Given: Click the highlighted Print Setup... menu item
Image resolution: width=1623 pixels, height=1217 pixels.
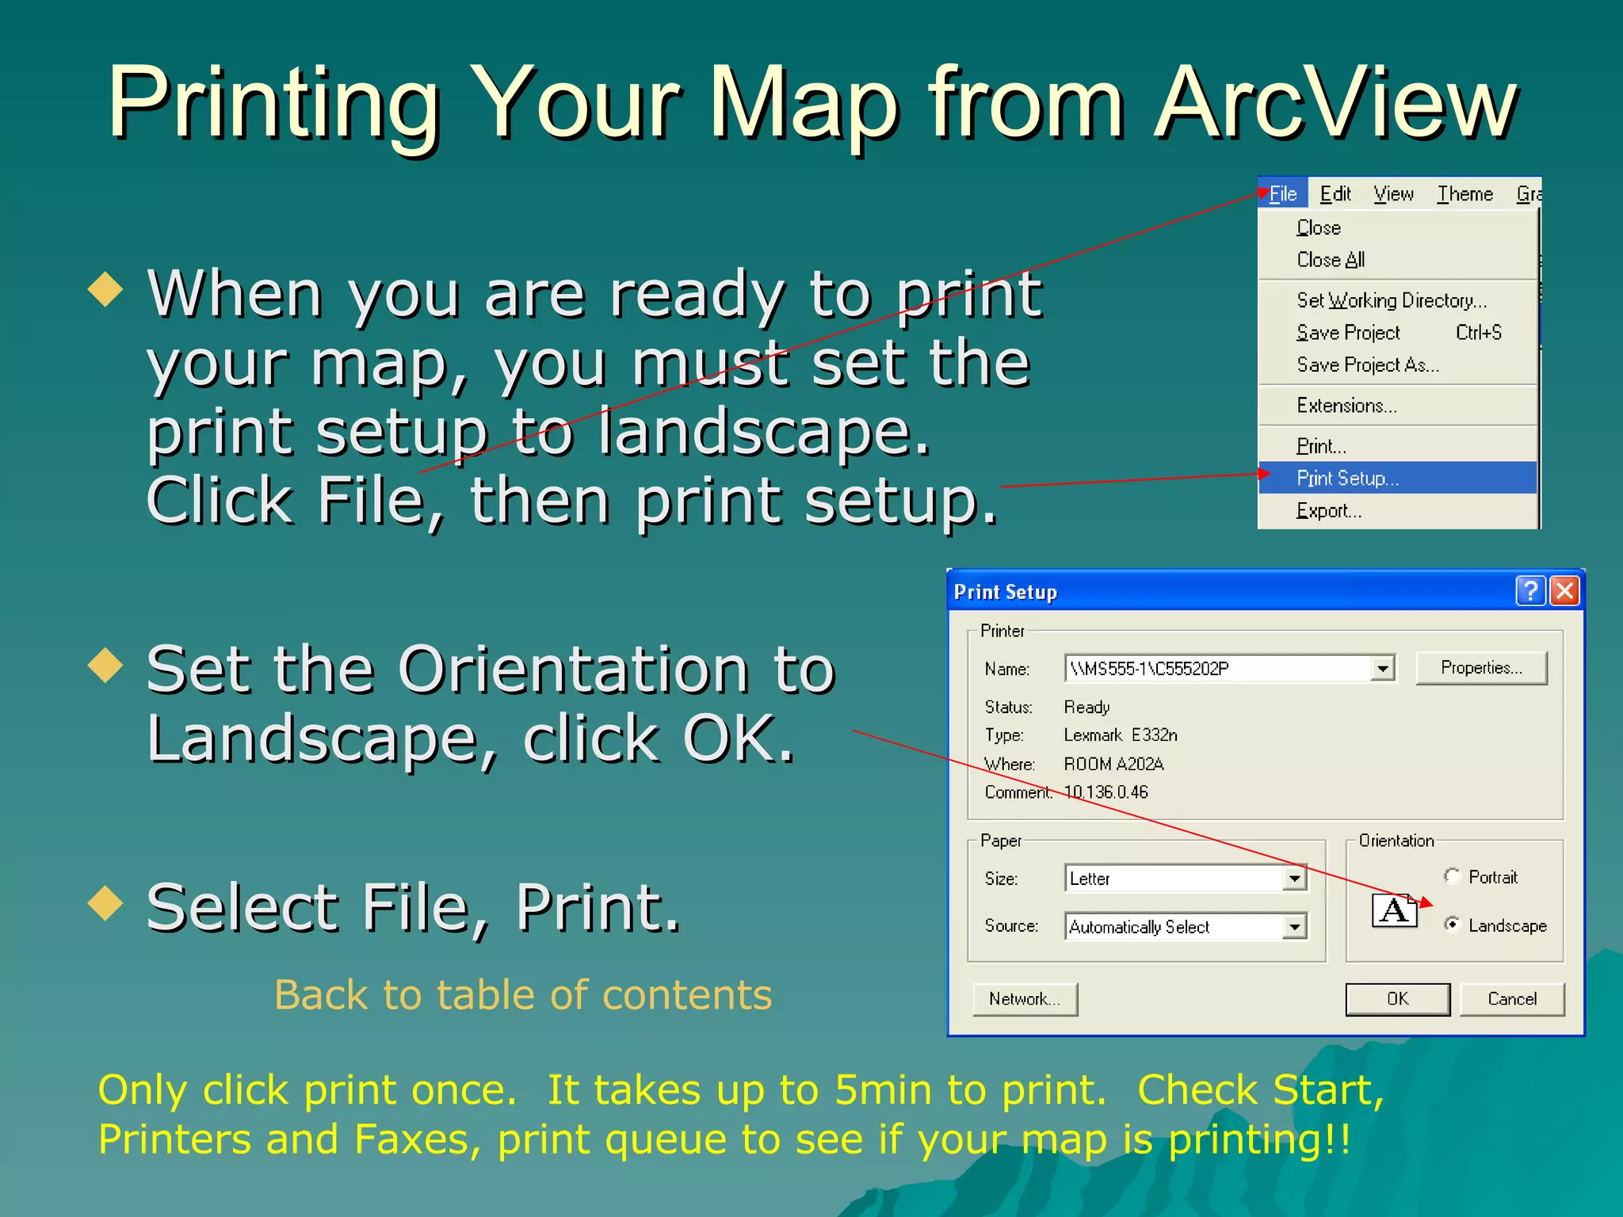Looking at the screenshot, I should [1347, 479].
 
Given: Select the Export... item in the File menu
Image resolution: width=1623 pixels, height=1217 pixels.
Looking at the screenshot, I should [1329, 511].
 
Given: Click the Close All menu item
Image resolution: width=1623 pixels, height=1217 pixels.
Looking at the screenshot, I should [1331, 260].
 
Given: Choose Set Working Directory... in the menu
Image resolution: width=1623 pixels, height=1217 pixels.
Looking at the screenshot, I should [1392, 300].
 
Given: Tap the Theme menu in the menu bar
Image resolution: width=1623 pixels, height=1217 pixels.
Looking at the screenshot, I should [1465, 194].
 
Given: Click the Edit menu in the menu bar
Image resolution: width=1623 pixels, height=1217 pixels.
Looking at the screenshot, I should [1335, 194].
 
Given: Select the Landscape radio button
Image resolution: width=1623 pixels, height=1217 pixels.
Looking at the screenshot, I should [1452, 924].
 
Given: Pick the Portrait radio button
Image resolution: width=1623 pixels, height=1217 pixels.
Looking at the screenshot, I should [1452, 876].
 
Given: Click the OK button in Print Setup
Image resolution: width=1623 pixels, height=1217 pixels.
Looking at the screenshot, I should [1397, 999].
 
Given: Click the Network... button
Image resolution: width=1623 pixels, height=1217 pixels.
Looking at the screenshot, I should [1025, 999].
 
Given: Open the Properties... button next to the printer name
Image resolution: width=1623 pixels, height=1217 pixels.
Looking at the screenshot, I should [1480, 668].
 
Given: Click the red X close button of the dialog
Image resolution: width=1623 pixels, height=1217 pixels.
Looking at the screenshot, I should [1565, 591].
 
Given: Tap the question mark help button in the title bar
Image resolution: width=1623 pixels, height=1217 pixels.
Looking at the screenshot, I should [1530, 591].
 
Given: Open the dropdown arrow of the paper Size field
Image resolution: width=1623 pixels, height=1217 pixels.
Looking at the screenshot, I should [1294, 879].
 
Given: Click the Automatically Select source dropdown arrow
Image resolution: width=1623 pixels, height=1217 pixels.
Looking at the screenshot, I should [1294, 926].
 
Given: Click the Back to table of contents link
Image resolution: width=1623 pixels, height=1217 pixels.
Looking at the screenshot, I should [523, 995].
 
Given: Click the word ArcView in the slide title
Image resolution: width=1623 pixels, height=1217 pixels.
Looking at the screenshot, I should [1335, 103].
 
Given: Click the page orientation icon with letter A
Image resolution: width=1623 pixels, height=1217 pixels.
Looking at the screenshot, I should [1394, 910].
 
